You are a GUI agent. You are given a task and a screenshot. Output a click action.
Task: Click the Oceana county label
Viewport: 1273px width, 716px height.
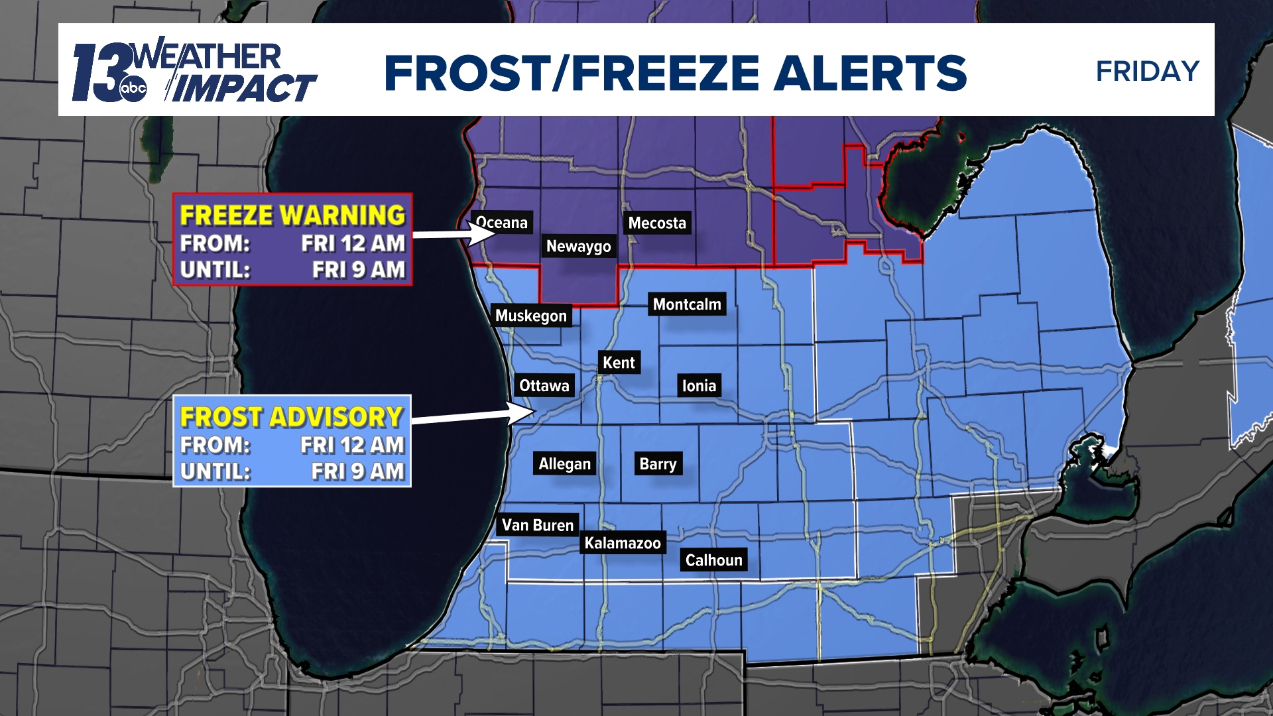(x=502, y=223)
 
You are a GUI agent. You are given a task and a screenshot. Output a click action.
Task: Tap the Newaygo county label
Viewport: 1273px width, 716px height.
(x=578, y=247)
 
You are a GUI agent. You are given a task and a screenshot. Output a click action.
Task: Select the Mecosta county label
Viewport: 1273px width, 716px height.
(x=657, y=223)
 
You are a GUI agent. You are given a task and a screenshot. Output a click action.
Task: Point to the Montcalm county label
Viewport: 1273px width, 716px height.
(x=687, y=304)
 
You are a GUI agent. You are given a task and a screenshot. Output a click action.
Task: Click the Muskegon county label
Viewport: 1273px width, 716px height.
(x=531, y=316)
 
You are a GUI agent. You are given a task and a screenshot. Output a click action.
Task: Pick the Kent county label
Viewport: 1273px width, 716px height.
(x=619, y=363)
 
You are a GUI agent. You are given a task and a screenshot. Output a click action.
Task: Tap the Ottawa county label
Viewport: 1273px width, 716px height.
(x=544, y=386)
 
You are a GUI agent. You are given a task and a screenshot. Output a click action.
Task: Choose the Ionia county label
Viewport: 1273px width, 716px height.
(x=699, y=386)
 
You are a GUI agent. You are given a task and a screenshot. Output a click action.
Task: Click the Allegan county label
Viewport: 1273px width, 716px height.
(x=564, y=464)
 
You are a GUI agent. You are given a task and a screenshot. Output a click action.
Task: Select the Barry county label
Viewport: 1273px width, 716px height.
(x=658, y=464)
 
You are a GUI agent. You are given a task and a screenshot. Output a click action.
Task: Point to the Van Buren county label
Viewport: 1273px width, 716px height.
(x=538, y=525)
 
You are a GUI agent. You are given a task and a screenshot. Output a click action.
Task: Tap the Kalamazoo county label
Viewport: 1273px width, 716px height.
(x=623, y=543)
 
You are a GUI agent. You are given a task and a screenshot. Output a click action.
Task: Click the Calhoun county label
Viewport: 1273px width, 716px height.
(x=713, y=560)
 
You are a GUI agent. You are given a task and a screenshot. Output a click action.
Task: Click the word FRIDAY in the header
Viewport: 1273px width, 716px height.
(x=1148, y=71)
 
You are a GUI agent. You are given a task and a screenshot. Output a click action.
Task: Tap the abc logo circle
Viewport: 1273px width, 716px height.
(x=133, y=88)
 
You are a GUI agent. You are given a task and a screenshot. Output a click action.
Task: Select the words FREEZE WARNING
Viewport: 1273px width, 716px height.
(x=292, y=215)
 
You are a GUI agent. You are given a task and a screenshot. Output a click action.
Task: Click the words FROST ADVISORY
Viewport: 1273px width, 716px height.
(x=292, y=417)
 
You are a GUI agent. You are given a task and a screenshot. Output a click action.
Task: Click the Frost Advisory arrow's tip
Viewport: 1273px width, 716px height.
(x=533, y=412)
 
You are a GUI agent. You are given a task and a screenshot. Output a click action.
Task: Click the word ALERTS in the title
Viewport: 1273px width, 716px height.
(x=870, y=73)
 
